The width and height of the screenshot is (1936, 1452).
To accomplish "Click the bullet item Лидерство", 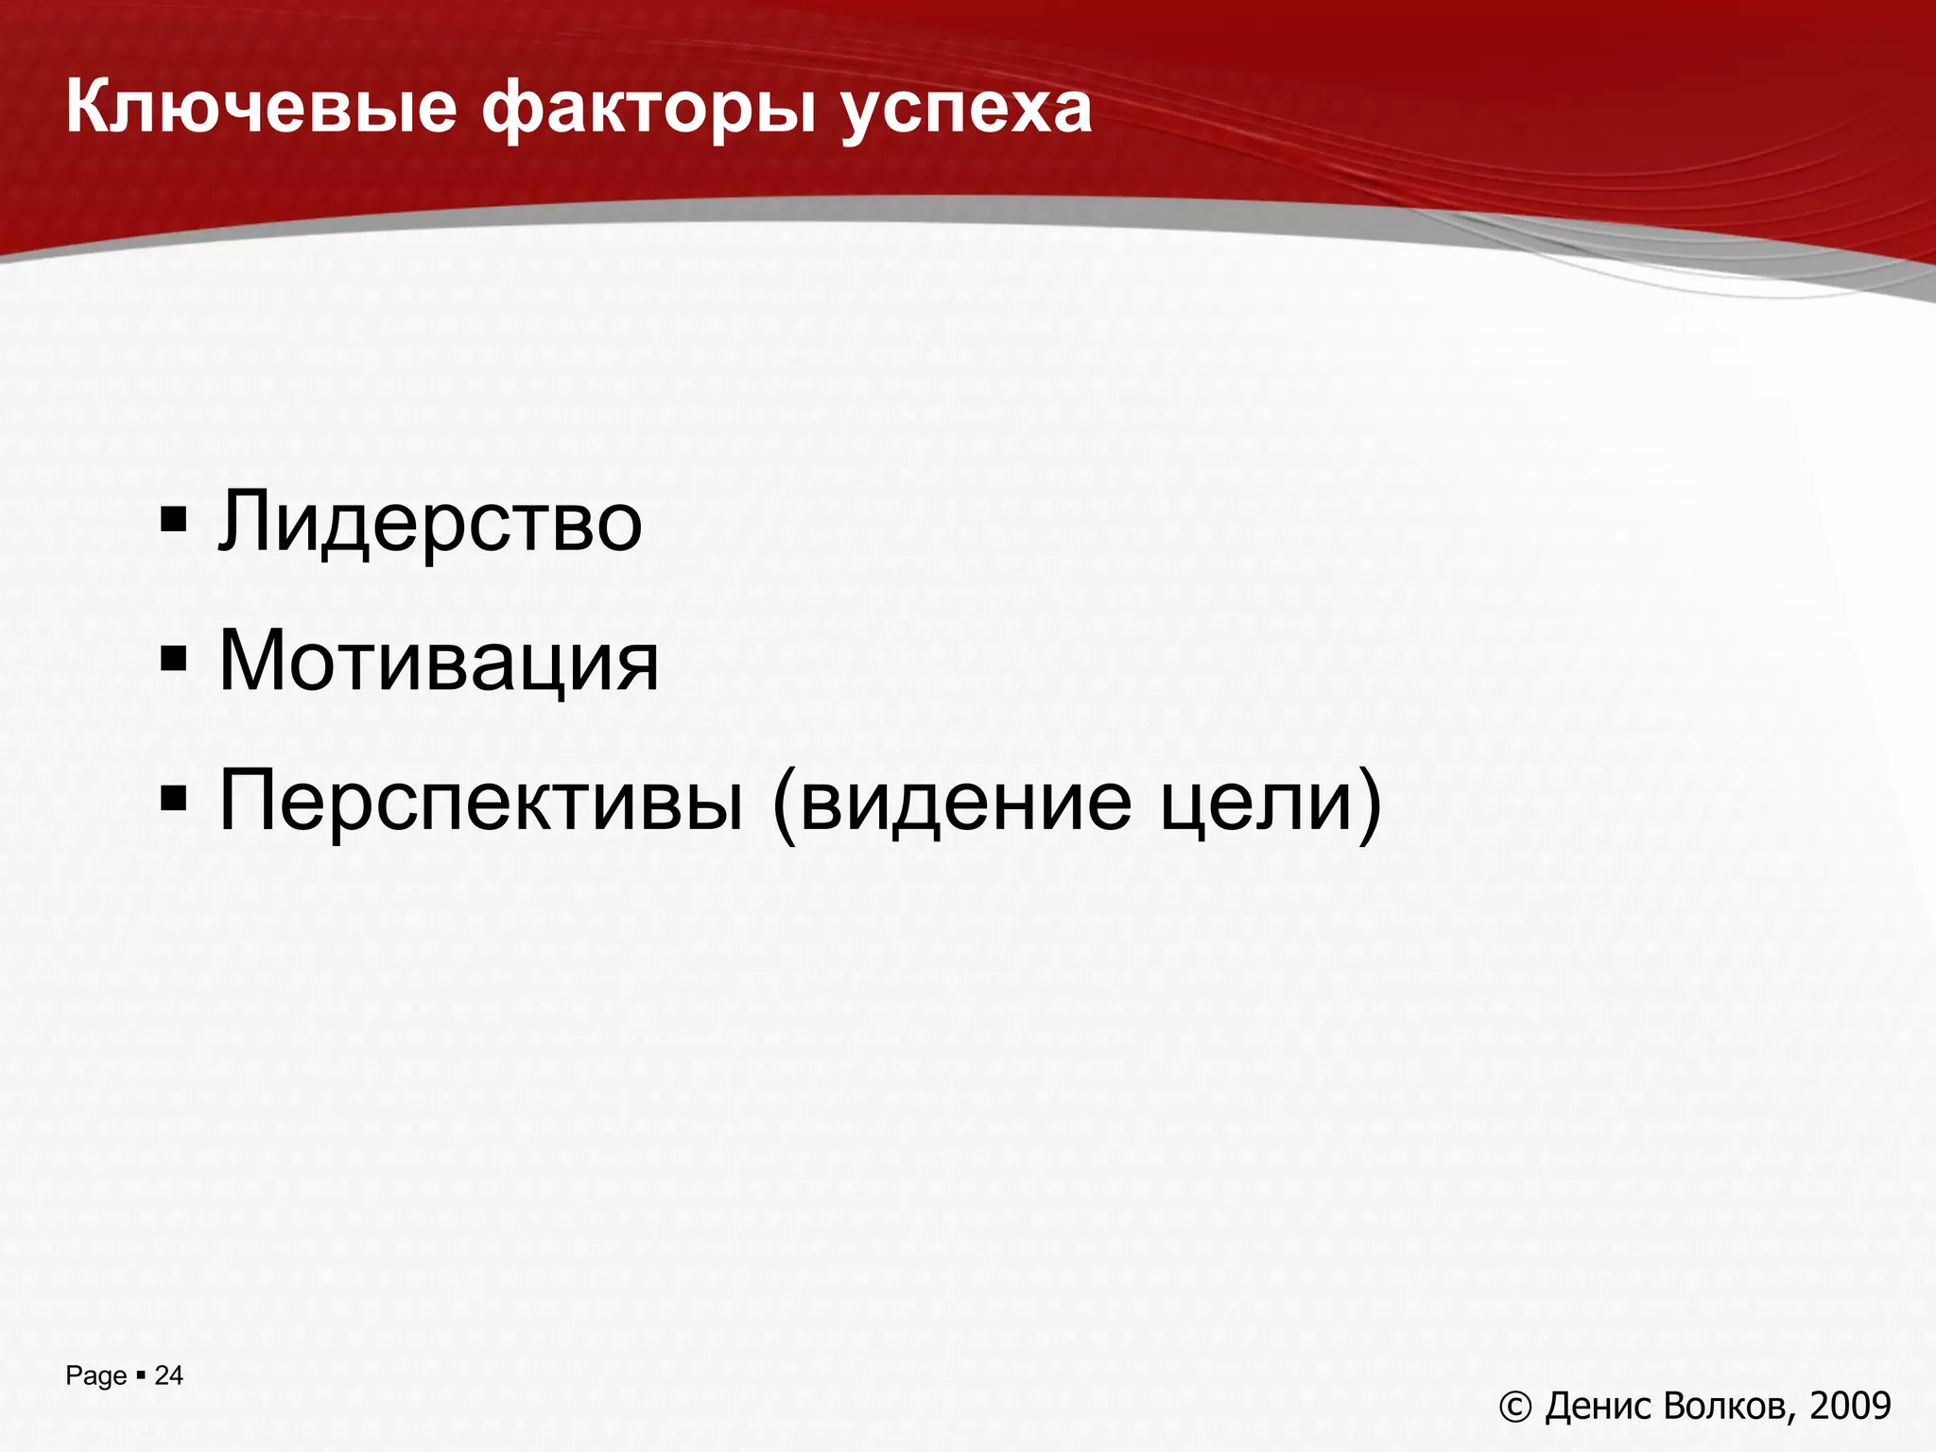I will point(430,522).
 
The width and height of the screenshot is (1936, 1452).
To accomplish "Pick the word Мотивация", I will point(439,661).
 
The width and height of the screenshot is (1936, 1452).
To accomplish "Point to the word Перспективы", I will point(481,802).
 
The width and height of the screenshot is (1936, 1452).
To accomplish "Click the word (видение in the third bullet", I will point(952,802).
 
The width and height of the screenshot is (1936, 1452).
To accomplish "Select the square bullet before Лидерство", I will point(174,520).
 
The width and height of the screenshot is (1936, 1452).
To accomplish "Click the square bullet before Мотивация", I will point(174,658).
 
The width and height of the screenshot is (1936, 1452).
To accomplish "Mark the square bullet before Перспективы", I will point(174,799).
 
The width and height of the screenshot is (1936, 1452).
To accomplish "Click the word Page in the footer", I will point(95,1376).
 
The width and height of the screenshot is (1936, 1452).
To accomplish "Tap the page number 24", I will point(168,1375).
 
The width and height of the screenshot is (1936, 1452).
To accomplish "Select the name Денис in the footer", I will point(1599,1407).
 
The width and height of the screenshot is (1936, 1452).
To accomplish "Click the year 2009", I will point(1850,1407).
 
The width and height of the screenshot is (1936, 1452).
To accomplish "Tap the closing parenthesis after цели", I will point(1370,804).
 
